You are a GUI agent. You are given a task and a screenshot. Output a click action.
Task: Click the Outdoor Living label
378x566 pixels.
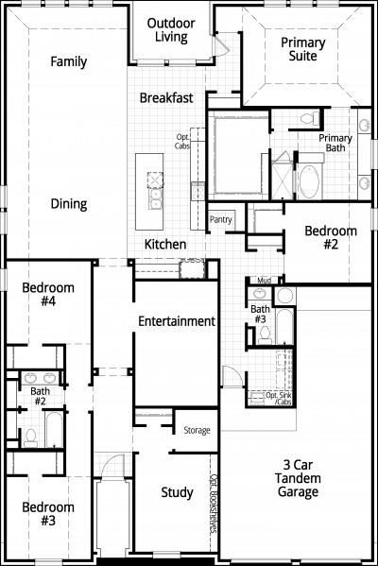171,30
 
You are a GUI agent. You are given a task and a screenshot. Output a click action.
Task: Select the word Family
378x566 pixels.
68,62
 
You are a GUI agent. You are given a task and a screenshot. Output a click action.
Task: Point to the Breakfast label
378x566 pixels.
167,98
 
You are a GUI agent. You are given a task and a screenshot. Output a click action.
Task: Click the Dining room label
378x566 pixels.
68,203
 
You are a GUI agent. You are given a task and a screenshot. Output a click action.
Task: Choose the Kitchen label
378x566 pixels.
164,245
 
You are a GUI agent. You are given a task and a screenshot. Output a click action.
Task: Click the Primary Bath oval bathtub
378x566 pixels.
310,180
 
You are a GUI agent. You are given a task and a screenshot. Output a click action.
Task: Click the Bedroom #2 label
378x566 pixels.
331,238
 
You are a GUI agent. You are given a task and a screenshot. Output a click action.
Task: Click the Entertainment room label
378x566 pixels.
177,321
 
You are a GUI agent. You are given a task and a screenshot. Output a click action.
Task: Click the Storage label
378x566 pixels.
197,430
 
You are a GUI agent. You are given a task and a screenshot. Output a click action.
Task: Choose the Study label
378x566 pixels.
177,492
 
